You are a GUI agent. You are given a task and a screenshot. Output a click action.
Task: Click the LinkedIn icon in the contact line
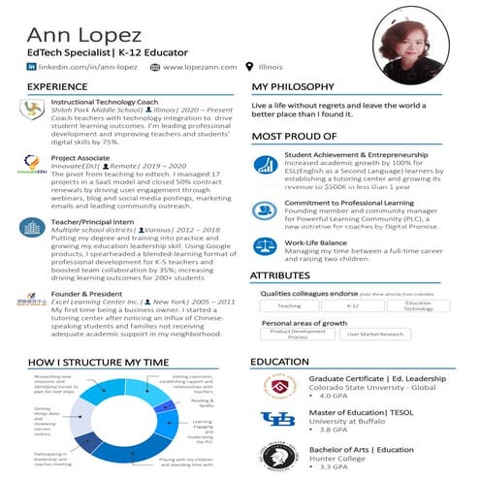[x=32, y=67]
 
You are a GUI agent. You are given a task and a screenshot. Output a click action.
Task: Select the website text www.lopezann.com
[x=199, y=67]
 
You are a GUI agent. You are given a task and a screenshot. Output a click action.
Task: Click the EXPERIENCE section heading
[x=56, y=87]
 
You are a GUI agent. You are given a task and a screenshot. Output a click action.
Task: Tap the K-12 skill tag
[x=353, y=305]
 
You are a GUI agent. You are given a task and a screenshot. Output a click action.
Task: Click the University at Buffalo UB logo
[x=275, y=418]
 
